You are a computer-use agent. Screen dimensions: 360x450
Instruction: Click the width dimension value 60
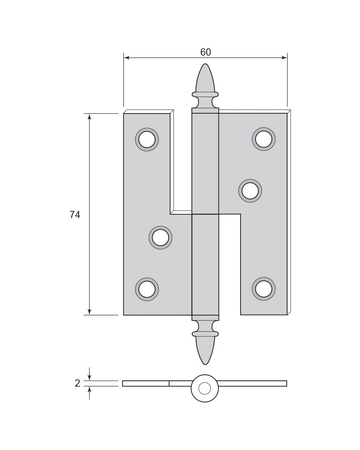tap(205, 52)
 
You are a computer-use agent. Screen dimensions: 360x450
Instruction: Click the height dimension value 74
tap(75, 215)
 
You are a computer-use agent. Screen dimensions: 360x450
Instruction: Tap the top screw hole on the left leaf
tap(147, 140)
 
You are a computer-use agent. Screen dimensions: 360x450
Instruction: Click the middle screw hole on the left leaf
tap(161, 238)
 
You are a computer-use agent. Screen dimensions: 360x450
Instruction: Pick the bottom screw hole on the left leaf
tap(147, 290)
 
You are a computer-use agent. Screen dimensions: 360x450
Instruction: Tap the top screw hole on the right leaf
tap(264, 139)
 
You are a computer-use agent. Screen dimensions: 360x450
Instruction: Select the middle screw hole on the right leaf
tap(250, 191)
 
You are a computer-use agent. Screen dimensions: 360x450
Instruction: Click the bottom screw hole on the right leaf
tap(264, 289)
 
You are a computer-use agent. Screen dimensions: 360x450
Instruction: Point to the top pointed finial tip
tap(205, 64)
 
